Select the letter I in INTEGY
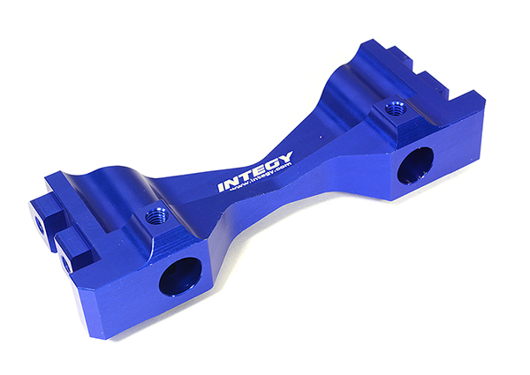point(223,187)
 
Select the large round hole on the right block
point(415,165)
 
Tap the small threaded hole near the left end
point(158,215)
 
